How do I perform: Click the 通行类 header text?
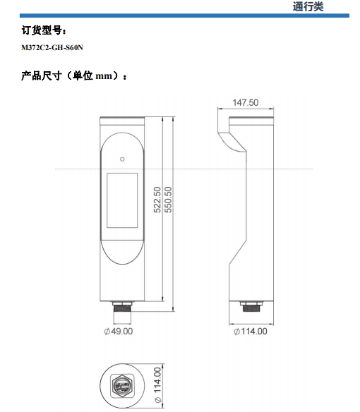[x=308, y=6]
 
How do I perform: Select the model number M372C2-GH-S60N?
[x=52, y=47]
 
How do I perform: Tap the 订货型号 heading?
[x=44, y=30]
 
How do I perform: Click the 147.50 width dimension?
[x=246, y=102]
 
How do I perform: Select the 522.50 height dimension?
[x=157, y=200]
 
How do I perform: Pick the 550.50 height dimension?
[x=168, y=200]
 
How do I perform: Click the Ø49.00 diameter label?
[x=119, y=332]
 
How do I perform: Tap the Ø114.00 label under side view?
[x=251, y=332]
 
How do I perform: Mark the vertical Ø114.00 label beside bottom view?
[x=157, y=385]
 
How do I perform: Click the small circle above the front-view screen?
[x=122, y=159]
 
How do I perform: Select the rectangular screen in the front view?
[x=122, y=200]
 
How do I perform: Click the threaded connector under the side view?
[x=251, y=307]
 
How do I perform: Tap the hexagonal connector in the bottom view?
[x=122, y=386]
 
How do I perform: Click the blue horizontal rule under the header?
[x=184, y=16]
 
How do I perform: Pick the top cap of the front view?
[x=122, y=121]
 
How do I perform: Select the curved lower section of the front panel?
[x=122, y=252]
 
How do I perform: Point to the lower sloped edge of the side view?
[x=238, y=253]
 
